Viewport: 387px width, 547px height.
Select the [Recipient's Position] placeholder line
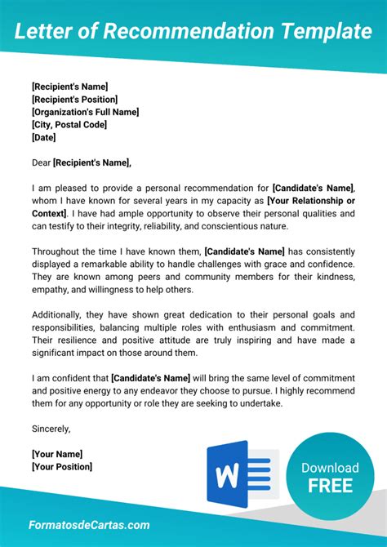click(75, 99)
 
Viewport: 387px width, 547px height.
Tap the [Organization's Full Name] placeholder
click(85, 112)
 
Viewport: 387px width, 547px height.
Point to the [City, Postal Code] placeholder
click(69, 125)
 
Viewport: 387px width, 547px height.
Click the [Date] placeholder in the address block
click(43, 138)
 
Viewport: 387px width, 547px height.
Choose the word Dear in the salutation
click(41, 162)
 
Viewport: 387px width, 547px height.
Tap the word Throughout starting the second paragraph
click(58, 251)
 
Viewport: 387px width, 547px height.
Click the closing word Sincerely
click(51, 428)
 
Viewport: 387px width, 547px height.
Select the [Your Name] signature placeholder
click(57, 453)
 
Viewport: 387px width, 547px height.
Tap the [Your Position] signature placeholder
click(62, 466)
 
